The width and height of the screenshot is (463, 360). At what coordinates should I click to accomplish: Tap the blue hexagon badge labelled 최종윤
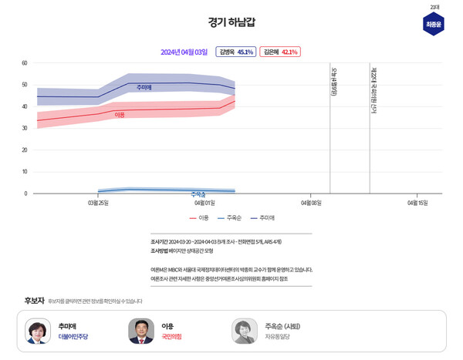[x=434, y=24]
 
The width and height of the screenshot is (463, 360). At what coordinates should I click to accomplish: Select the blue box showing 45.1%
[x=235, y=52]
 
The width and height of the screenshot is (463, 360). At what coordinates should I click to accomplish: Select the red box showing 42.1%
[x=279, y=52]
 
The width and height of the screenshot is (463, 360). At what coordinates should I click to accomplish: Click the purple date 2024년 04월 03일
[x=184, y=52]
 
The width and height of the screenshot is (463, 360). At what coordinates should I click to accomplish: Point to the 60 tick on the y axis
[x=25, y=63]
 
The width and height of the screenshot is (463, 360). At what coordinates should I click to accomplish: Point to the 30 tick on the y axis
[x=25, y=129]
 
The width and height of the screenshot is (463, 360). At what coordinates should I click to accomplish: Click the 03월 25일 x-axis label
[x=98, y=203]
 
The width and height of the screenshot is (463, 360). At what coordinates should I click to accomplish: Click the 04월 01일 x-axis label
[x=204, y=203]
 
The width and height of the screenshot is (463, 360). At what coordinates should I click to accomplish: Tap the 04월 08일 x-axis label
[x=311, y=203]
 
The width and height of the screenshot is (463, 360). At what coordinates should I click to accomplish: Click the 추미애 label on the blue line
[x=144, y=87]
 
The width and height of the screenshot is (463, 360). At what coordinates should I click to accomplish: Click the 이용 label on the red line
[x=120, y=115]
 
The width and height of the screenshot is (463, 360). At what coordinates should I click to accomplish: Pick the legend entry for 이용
[x=199, y=217]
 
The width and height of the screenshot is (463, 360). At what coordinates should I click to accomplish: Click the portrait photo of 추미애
[x=38, y=331]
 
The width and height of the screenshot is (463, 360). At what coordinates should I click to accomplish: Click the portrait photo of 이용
[x=141, y=331]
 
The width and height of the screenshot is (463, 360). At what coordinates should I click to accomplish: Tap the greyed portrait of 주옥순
[x=244, y=331]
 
